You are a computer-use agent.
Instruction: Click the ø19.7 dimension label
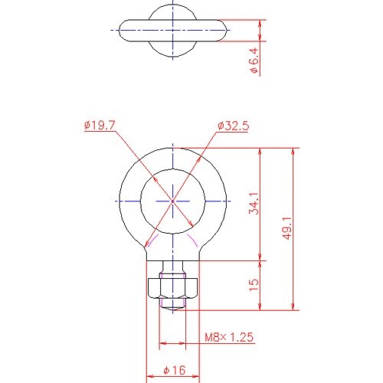pyautogui.click(x=100, y=126)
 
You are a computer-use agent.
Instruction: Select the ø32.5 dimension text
pyautogui.click(x=234, y=126)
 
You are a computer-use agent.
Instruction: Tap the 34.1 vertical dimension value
pyautogui.click(x=254, y=204)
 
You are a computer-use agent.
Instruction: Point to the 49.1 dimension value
pyautogui.click(x=287, y=228)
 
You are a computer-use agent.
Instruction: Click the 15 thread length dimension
pyautogui.click(x=254, y=285)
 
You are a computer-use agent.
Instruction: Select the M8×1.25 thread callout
pyautogui.click(x=229, y=337)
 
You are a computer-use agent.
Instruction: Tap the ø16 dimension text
pyautogui.click(x=175, y=370)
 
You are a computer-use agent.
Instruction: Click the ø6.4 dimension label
pyautogui.click(x=254, y=61)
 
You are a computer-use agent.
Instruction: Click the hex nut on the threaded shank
pyautogui.click(x=173, y=289)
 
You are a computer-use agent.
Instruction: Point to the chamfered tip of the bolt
pyautogui.click(x=173, y=309)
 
